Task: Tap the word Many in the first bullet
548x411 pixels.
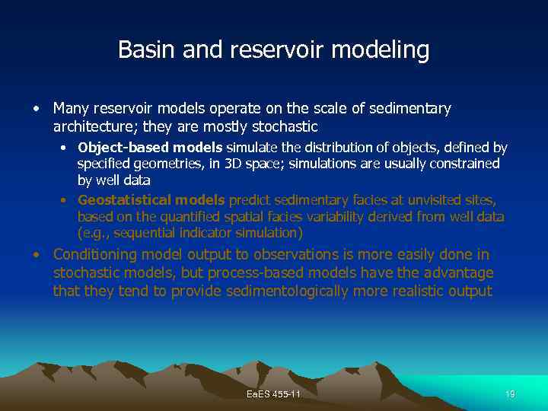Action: coord(69,109)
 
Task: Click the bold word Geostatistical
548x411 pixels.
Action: coord(124,200)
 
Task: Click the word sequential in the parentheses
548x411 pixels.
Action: coord(142,232)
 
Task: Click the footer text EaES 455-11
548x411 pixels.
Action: coord(274,394)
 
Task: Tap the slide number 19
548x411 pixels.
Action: coord(510,394)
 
